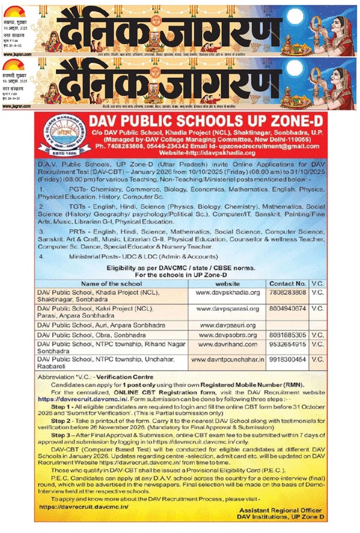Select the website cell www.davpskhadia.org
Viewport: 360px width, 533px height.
228,292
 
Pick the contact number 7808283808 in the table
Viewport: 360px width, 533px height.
287,292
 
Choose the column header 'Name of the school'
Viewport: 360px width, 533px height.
112,283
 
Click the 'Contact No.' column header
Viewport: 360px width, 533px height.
287,283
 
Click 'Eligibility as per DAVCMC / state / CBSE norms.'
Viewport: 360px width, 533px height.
181,267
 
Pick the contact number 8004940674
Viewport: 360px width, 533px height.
287,309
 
